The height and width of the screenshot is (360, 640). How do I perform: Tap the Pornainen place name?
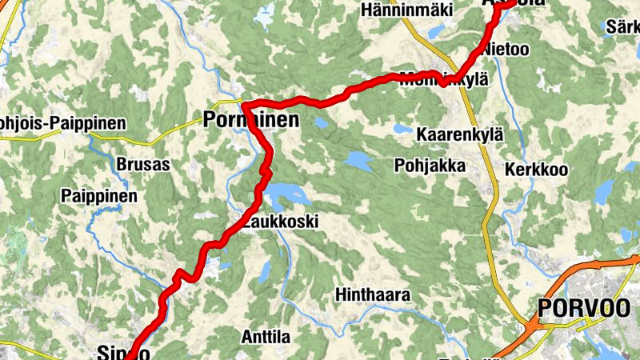coord(251,121)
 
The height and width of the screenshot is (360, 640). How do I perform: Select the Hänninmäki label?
coord(406,10)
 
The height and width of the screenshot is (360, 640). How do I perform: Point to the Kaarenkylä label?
coord(459,134)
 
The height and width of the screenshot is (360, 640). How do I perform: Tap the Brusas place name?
coord(143,165)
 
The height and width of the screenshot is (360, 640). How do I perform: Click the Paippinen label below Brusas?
coord(99,196)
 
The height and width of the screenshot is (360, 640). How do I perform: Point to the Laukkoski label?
coord(280,222)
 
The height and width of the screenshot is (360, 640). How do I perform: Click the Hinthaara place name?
coord(373,295)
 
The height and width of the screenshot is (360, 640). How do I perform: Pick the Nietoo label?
coord(506,50)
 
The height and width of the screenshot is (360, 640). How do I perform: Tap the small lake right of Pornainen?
coord(321,124)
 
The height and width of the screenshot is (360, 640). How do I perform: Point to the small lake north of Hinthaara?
coord(264,273)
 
